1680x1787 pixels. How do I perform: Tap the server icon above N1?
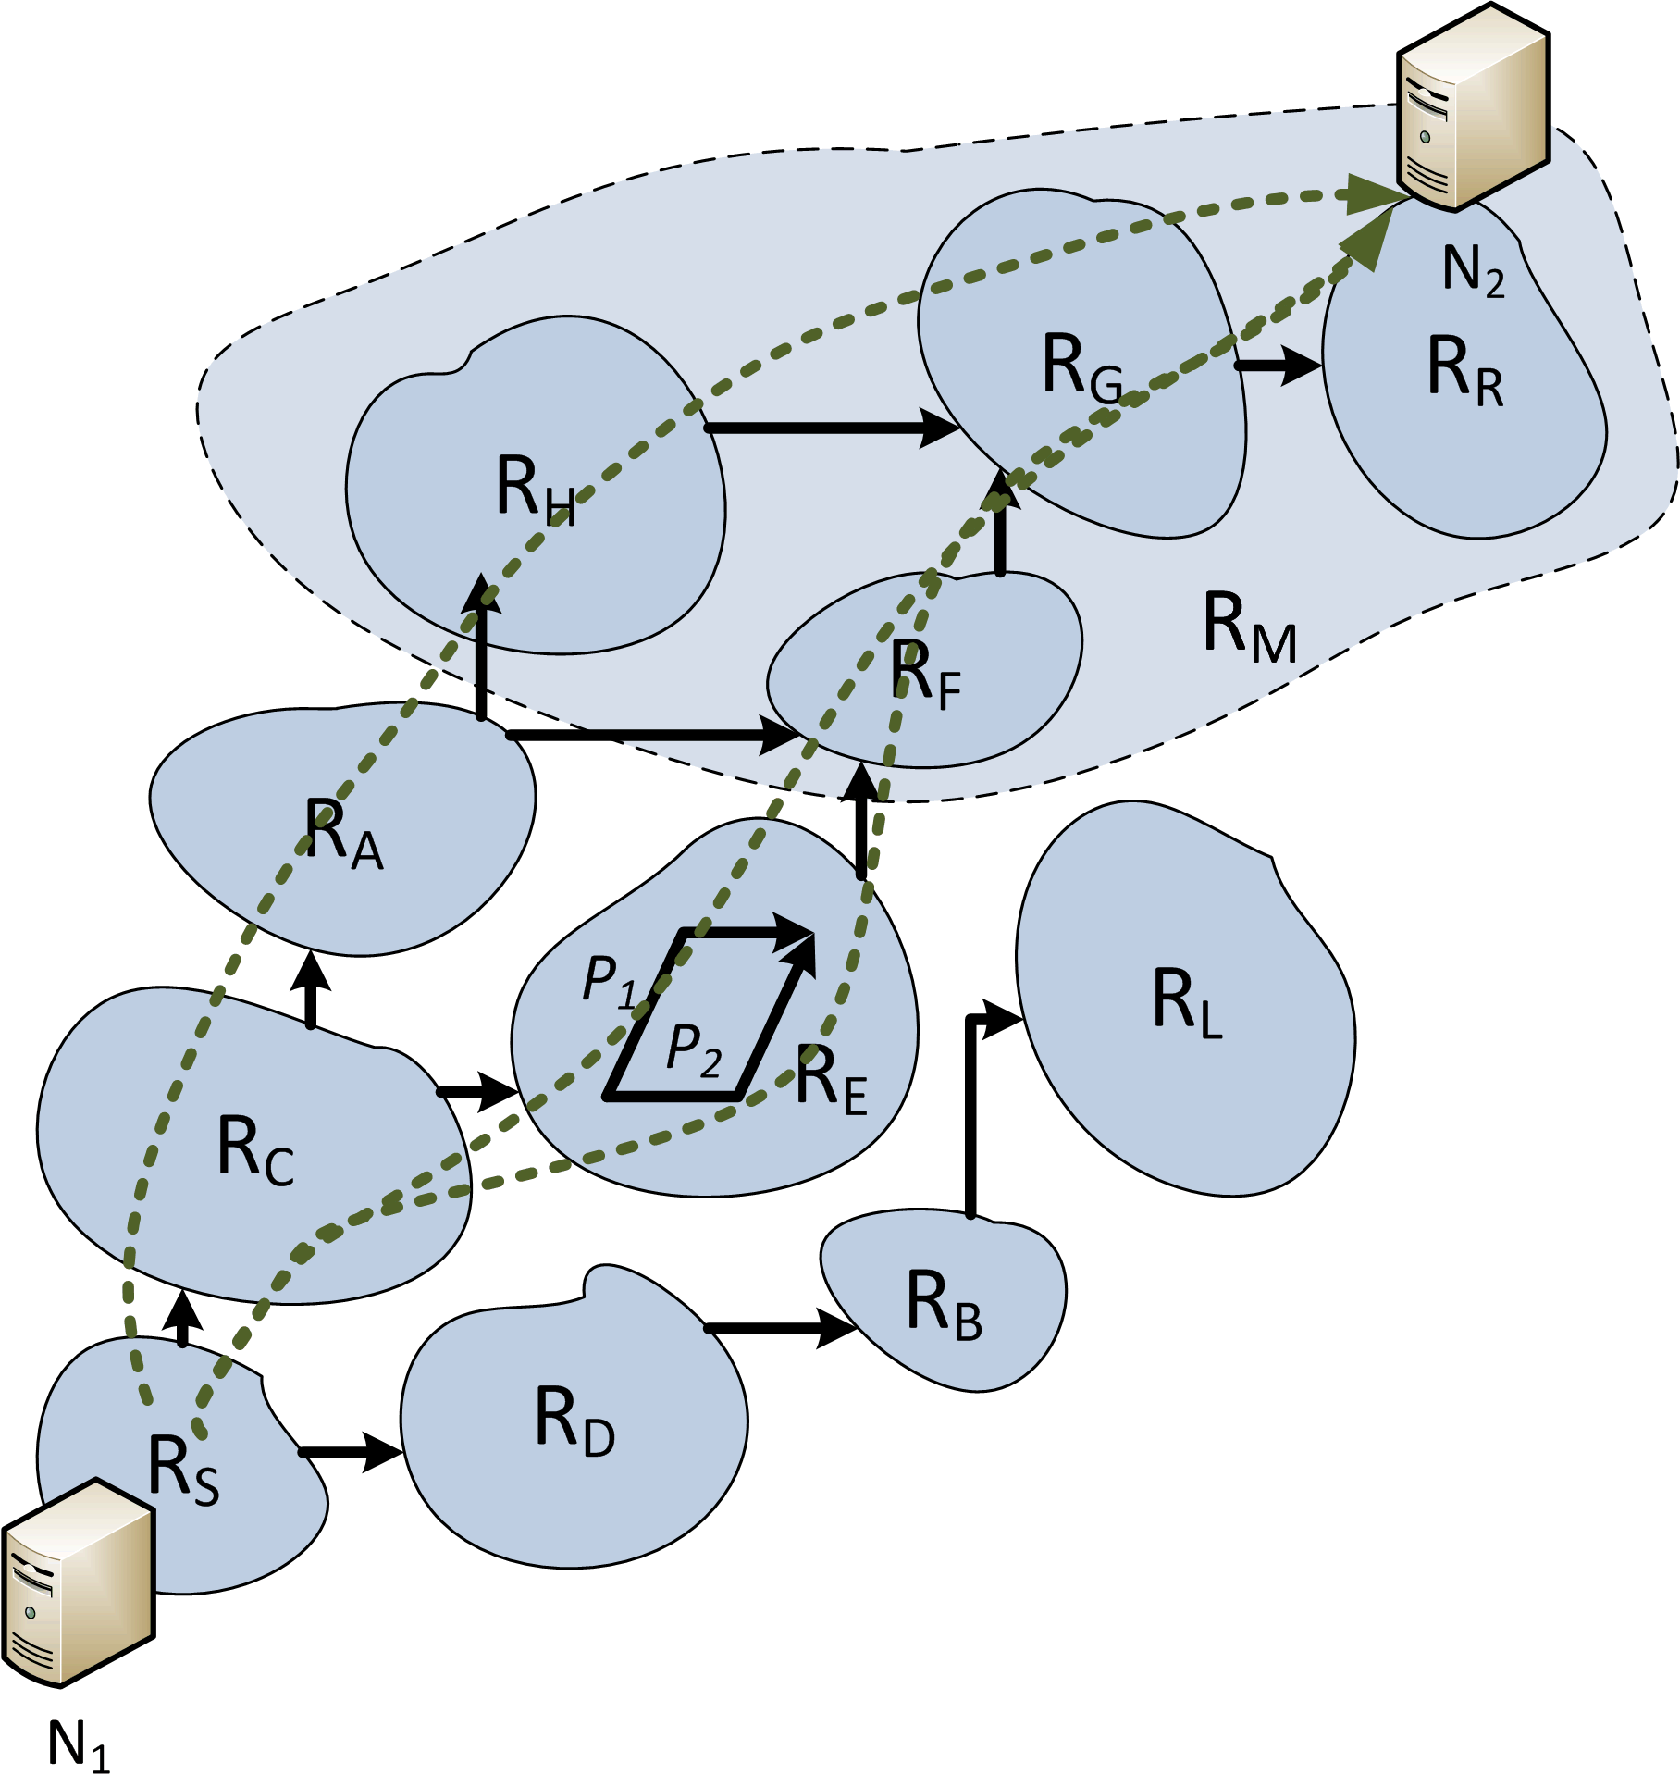78,1583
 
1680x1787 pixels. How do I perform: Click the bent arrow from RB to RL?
970,1111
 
